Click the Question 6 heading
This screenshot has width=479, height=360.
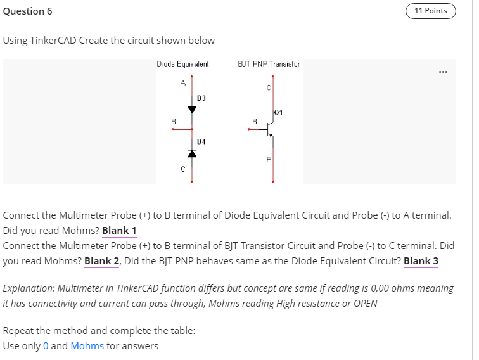point(28,11)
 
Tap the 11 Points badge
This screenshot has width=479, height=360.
point(430,11)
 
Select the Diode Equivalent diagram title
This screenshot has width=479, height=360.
point(183,64)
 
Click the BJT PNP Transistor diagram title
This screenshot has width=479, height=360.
point(269,64)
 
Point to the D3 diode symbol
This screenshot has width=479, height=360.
point(191,109)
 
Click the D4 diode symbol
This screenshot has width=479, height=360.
point(191,153)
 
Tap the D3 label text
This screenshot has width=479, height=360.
point(201,98)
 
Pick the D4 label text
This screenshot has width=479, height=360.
point(201,141)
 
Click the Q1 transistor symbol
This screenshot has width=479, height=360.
point(271,129)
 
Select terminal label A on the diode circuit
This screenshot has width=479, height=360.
point(182,82)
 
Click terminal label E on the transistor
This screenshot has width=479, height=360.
point(268,160)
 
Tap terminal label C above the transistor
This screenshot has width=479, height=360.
point(268,87)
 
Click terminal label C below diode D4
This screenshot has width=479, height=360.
point(182,169)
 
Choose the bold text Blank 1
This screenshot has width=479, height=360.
point(119,231)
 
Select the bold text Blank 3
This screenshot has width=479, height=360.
point(421,260)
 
